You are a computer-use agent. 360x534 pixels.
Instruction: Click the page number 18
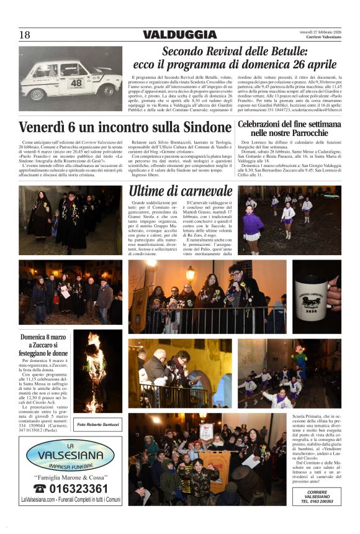(x=25, y=35)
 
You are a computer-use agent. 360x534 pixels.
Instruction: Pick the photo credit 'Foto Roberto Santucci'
(x=97, y=425)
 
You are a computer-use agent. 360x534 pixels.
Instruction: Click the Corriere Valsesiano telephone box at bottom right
(x=317, y=496)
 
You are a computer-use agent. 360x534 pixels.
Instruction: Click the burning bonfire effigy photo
(x=97, y=373)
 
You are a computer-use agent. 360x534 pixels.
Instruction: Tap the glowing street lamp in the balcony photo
(x=191, y=273)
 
